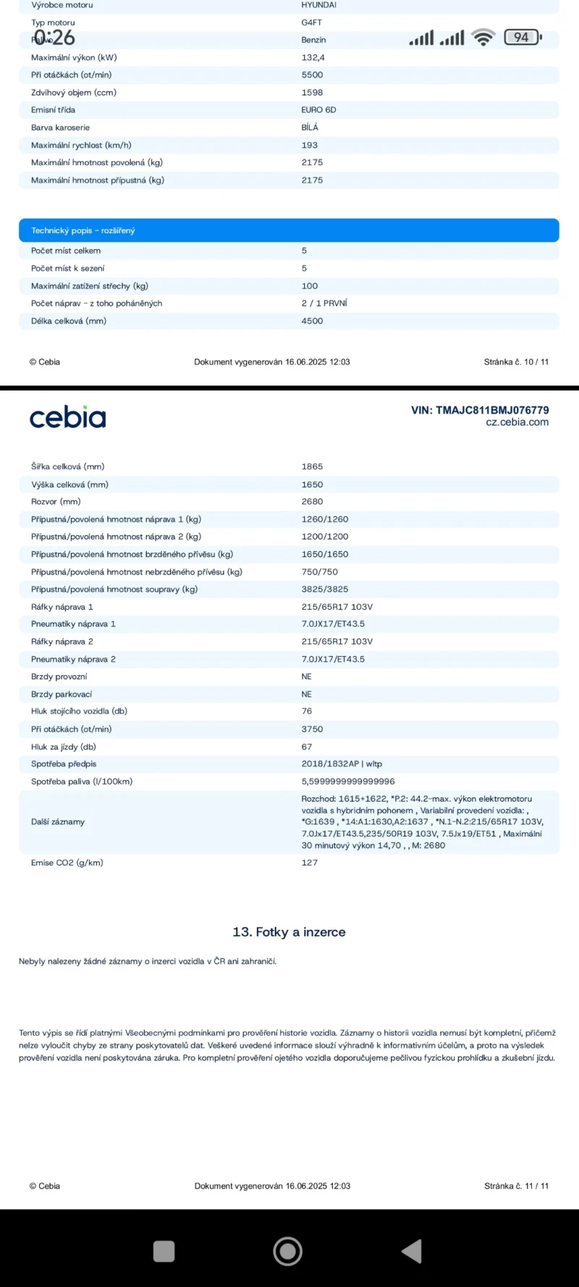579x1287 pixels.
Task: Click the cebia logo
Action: point(67,417)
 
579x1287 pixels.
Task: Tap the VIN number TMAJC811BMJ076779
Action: point(480,410)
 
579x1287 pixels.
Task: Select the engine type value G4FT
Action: point(311,22)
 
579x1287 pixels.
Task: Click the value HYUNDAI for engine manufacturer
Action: point(318,5)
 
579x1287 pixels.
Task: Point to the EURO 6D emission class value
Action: point(318,110)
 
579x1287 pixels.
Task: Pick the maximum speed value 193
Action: point(309,145)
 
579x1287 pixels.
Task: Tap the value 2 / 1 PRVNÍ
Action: point(324,303)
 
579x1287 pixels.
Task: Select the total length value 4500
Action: point(312,321)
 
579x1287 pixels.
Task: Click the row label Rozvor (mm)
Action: point(56,501)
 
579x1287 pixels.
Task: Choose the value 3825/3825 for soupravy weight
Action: point(324,590)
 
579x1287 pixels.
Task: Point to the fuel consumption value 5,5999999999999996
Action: point(347,781)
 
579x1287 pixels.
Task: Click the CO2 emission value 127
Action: point(309,863)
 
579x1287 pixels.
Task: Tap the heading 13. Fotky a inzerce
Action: point(289,932)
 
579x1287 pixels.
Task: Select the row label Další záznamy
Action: point(58,822)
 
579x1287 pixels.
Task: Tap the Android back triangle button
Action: point(412,1251)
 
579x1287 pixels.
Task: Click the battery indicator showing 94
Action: point(522,37)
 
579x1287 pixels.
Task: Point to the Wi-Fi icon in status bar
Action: point(483,37)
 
